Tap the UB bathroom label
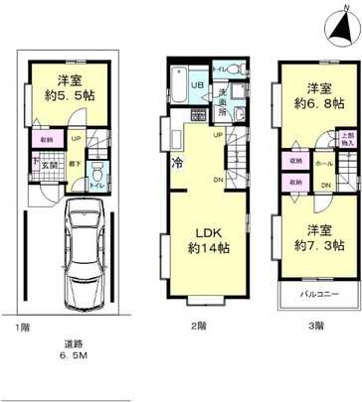pos(197,85)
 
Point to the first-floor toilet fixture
pos(96,175)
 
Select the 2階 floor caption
pos(198,326)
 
